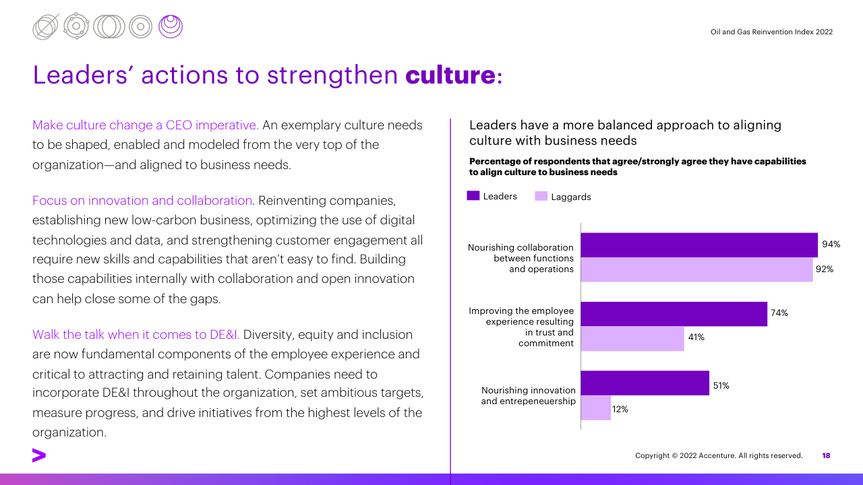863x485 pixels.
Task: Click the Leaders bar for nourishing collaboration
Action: (699, 245)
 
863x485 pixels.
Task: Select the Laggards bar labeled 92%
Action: (696, 269)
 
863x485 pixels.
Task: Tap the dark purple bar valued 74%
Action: (674, 314)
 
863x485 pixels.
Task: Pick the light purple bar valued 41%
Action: (632, 339)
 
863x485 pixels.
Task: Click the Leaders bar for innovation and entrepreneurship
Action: (645, 383)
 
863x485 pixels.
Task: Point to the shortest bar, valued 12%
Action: (595, 408)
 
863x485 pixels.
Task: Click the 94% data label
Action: (831, 245)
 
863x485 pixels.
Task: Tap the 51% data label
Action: (721, 386)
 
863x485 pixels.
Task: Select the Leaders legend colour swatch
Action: (473, 196)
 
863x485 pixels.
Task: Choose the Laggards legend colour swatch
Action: (541, 196)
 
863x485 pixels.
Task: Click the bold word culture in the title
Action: (450, 75)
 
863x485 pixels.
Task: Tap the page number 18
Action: (826, 456)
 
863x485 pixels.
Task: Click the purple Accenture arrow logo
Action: (39, 455)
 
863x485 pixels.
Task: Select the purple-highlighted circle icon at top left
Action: (171, 26)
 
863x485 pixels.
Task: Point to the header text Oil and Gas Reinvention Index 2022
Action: (771, 32)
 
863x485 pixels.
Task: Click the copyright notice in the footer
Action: (719, 456)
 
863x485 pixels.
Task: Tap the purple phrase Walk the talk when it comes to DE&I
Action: (136, 335)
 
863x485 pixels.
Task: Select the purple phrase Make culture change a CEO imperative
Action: (146, 125)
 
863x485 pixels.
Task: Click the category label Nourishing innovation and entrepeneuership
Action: (528, 395)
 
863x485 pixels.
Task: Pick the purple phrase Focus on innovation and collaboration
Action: (142, 201)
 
